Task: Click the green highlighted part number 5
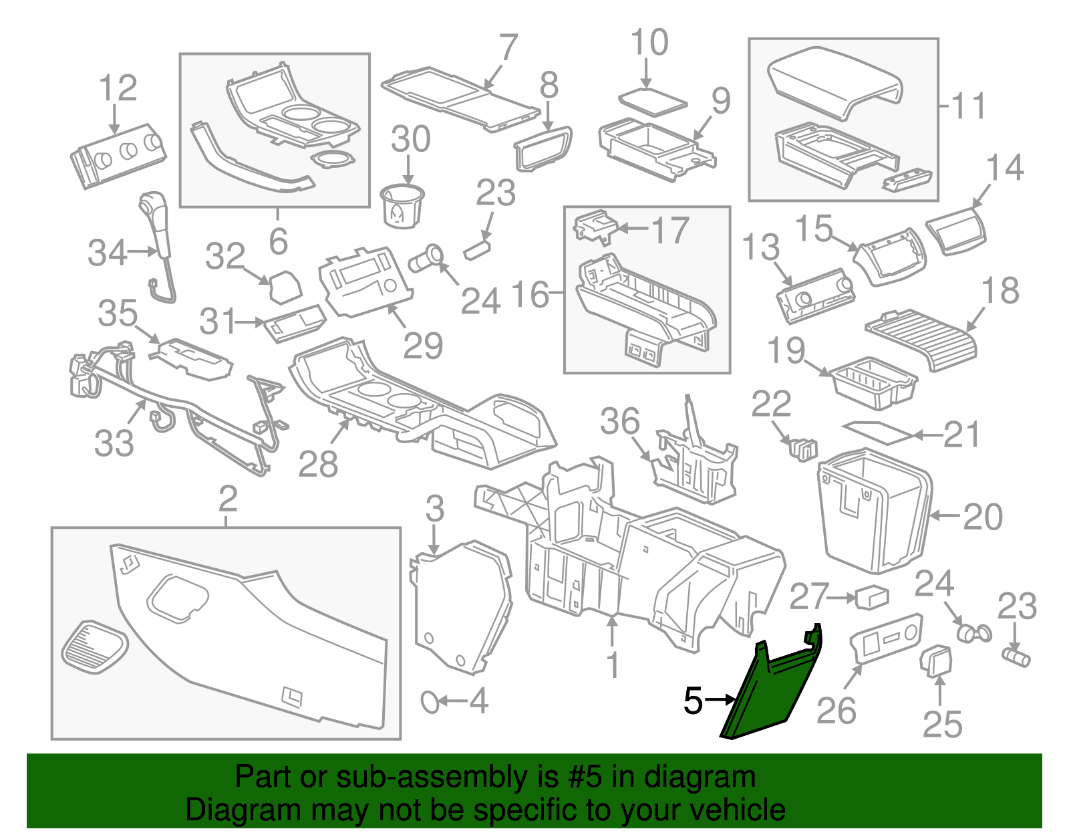[768, 695]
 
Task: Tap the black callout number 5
[693, 701]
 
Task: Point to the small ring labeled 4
[429, 702]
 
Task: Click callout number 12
[118, 88]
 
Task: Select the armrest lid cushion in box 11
[835, 80]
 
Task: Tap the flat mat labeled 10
[652, 100]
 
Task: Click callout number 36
[619, 421]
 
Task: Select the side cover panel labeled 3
[461, 605]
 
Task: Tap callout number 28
[318, 463]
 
